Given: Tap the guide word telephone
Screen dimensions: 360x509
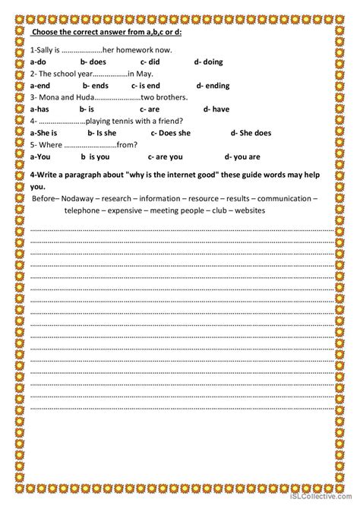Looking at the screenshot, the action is click(84, 210).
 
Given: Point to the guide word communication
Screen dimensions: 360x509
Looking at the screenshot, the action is click(281, 199).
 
